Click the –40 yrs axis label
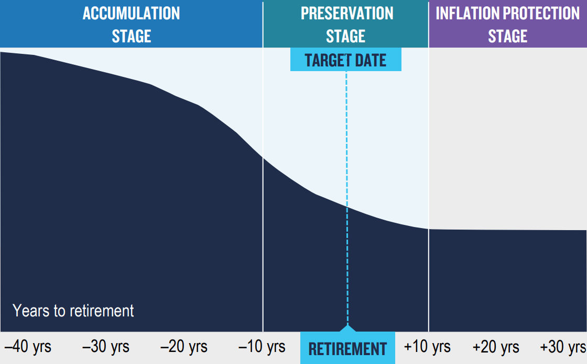coord(27,347)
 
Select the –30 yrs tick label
coord(106,347)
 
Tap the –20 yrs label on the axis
coord(184,347)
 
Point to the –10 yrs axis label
coord(262,347)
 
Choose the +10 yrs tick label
coord(427,347)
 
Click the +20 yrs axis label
coord(496,347)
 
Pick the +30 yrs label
coord(563,347)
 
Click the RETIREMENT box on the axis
coord(347,349)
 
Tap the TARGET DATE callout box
coord(345,60)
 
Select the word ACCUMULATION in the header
coord(131,14)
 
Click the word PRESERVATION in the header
coord(346,14)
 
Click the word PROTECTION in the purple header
coord(543,14)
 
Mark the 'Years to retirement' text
coord(73,311)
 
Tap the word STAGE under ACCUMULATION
coord(131,36)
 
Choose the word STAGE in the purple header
coord(507,36)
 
